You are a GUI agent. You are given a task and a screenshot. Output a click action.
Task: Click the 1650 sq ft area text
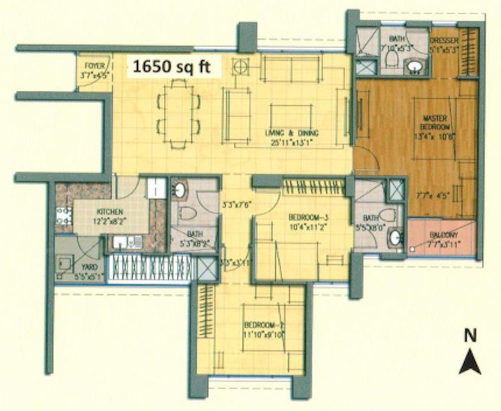coord(172,67)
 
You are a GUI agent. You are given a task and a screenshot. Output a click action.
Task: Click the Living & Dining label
coord(292,133)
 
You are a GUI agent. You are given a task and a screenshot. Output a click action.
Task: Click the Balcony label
coord(443,234)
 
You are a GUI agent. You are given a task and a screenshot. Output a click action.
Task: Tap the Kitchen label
coord(109,213)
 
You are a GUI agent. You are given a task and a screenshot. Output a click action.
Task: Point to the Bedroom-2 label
coord(262,325)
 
